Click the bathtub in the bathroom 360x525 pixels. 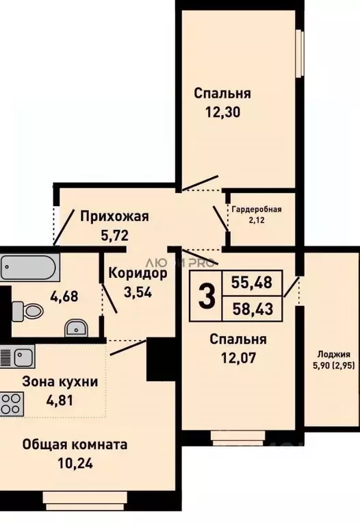pos(27,265)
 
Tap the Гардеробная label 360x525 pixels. pos(257,210)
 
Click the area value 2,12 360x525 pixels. pos(257,220)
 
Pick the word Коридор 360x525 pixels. pos(137,274)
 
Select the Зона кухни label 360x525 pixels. pos(60,382)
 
